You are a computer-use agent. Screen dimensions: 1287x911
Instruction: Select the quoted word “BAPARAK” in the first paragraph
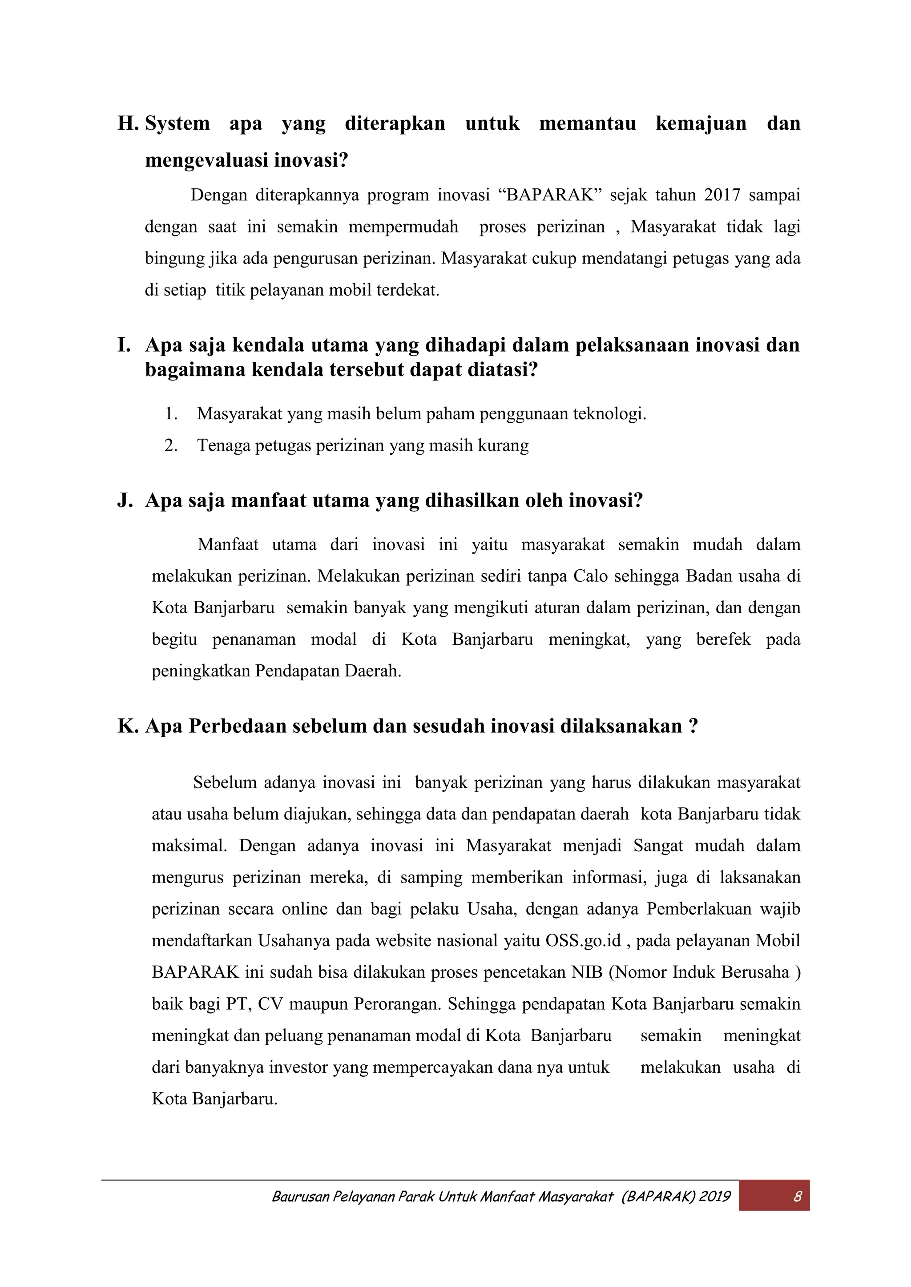pyautogui.click(x=549, y=195)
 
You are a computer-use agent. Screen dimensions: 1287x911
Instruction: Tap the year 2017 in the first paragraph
pyautogui.click(x=722, y=195)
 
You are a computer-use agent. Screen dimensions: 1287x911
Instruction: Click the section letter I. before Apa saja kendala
pyautogui.click(x=124, y=345)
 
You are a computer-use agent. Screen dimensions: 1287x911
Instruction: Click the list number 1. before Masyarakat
pyautogui.click(x=171, y=414)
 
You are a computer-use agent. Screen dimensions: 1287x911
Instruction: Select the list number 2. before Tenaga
pyautogui.click(x=171, y=446)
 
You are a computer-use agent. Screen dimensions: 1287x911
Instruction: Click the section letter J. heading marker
pyautogui.click(x=125, y=500)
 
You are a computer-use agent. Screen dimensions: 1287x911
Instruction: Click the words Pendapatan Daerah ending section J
pyautogui.click(x=327, y=671)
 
